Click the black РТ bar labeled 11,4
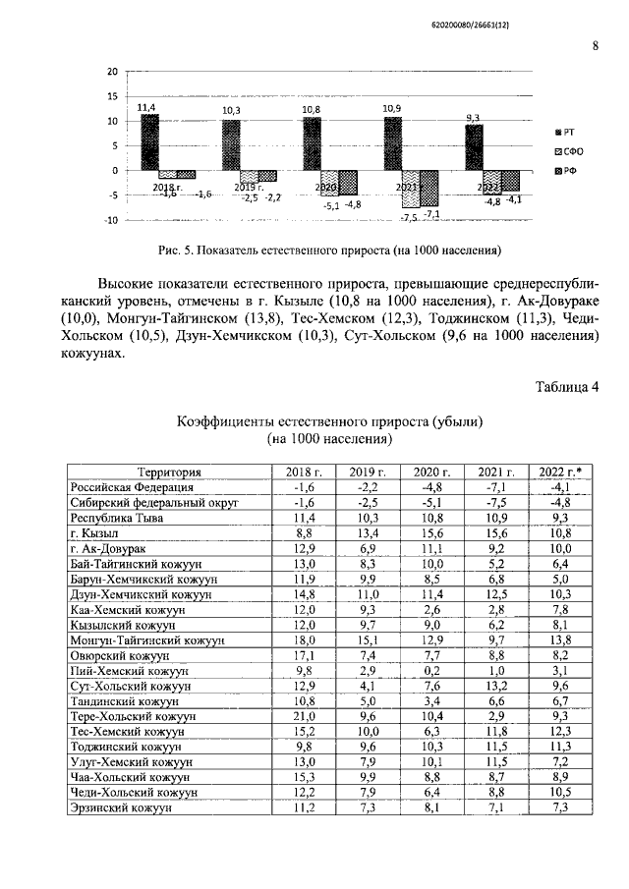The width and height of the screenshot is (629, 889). (x=149, y=142)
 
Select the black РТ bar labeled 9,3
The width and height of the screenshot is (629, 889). (x=474, y=147)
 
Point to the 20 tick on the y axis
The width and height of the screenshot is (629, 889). (x=112, y=72)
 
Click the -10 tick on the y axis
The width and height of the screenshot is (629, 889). (x=110, y=220)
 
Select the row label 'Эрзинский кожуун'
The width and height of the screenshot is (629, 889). (x=121, y=806)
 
